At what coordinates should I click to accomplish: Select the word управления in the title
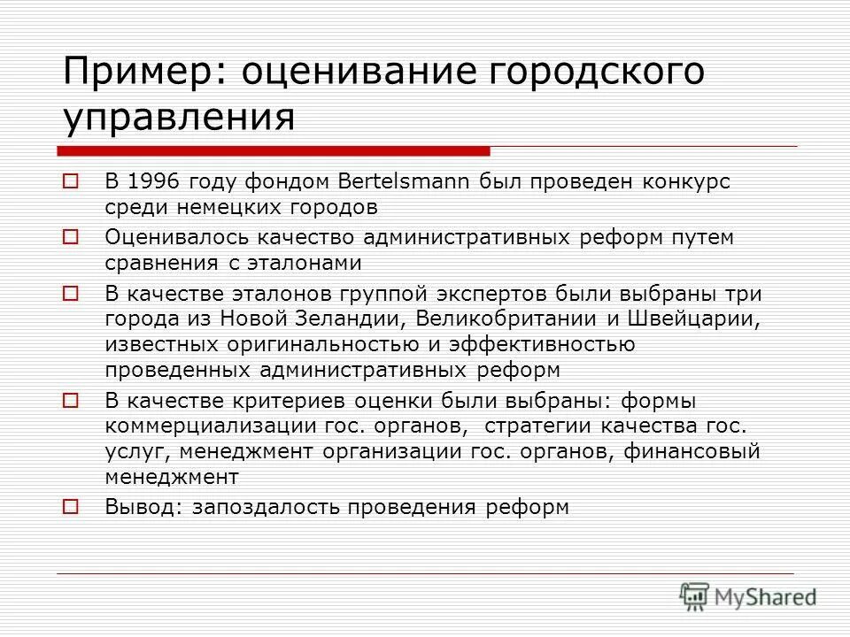[178, 117]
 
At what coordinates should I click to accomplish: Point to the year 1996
[153, 182]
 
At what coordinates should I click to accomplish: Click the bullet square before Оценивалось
[72, 237]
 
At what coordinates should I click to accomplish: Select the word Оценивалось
[178, 237]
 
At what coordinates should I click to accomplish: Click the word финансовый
[692, 452]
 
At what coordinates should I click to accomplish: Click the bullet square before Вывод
[72, 507]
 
